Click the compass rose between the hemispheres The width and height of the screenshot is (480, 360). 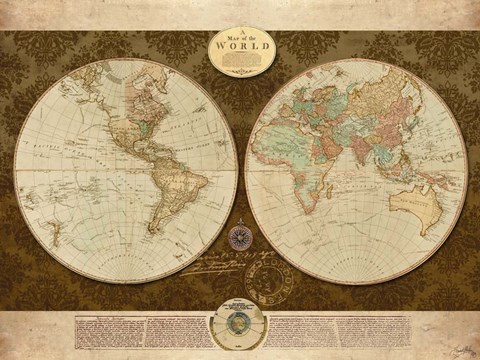click(x=240, y=237)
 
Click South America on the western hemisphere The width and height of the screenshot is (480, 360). click(x=180, y=195)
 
